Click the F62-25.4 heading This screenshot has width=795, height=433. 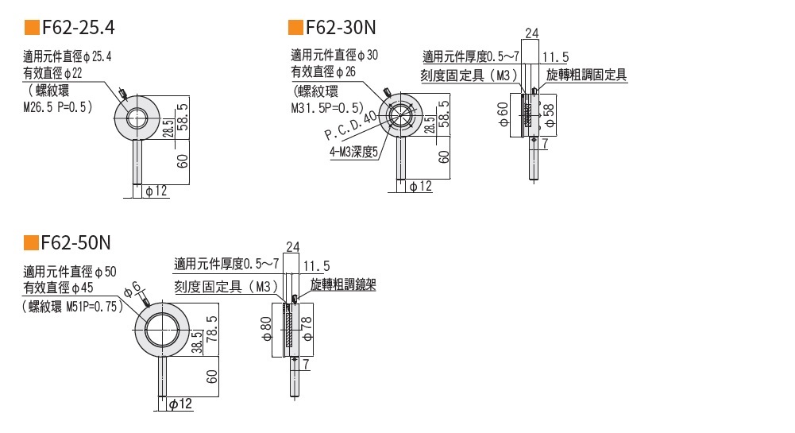pos(78,28)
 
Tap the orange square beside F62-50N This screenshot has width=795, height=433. pos(31,242)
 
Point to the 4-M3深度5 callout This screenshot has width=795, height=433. pos(353,150)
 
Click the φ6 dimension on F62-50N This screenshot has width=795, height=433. pos(134,288)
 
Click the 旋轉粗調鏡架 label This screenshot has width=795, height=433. pos(343,284)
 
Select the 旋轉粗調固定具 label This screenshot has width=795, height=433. pos(587,75)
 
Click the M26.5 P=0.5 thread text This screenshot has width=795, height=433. pos(58,106)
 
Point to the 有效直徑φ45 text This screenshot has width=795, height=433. pos(69,287)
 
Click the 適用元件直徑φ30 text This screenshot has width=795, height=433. pos(334,55)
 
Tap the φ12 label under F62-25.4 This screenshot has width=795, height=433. pos(156,191)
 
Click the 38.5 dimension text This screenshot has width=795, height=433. pos(196,342)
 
